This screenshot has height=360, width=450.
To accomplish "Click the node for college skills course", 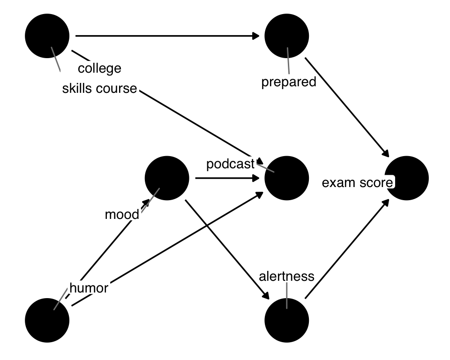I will click(47, 36).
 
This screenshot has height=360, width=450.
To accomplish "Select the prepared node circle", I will click(286, 36).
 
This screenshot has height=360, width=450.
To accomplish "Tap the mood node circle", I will click(167, 178).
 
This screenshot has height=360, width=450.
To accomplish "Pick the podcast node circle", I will click(286, 178).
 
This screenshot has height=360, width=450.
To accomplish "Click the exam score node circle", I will click(406, 178).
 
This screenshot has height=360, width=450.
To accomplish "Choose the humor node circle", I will click(47, 320).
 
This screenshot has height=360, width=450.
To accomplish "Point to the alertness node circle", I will click(286, 320).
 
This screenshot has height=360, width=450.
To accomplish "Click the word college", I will click(99, 68).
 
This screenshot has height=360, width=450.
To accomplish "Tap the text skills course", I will click(99, 89).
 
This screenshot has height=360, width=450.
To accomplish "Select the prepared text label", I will click(289, 82).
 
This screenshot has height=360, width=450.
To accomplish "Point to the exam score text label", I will click(357, 183).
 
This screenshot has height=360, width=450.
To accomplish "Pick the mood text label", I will click(122, 215).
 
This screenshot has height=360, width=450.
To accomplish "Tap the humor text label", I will click(89, 288).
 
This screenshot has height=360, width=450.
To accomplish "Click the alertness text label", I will click(286, 276).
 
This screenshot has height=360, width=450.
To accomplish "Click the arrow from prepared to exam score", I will click(347, 107).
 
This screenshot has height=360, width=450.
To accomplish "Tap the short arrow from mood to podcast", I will click(227, 178).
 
